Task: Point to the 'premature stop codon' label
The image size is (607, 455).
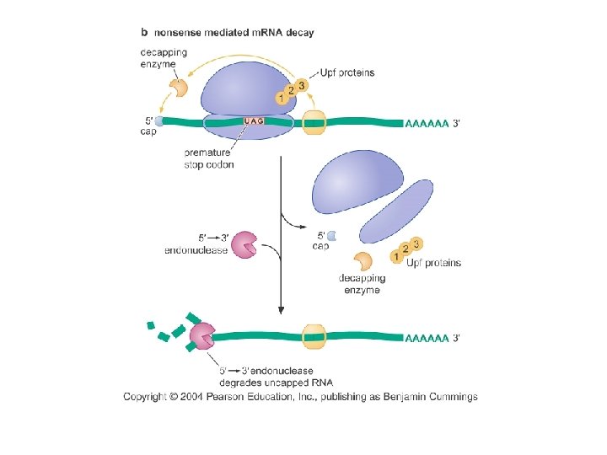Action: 208,158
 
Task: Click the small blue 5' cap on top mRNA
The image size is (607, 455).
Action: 158,121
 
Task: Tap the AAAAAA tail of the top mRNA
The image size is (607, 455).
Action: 427,122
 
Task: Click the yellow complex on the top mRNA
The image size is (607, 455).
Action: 314,122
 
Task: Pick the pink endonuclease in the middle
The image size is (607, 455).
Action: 244,244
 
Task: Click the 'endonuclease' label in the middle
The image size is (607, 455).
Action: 196,250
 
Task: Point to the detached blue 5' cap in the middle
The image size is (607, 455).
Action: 331,236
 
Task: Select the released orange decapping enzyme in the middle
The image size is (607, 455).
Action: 363,261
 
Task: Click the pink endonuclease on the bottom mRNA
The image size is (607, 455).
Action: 202,337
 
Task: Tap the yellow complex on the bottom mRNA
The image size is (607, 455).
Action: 314,337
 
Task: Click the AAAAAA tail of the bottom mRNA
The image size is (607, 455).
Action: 427,339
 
